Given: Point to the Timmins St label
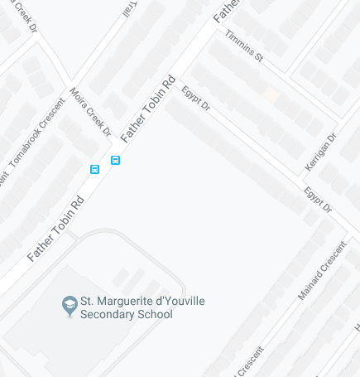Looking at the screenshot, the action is point(244,46).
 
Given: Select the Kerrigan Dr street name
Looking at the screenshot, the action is point(321,152).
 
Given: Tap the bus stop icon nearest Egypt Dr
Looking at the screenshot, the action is point(116,160).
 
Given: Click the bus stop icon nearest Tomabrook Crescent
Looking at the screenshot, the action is point(95,169).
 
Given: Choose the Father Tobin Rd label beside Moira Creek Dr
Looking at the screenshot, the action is point(149,109).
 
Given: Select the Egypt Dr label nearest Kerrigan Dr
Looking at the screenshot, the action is point(317,200).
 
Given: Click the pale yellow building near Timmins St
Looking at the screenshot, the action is point(271,95).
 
